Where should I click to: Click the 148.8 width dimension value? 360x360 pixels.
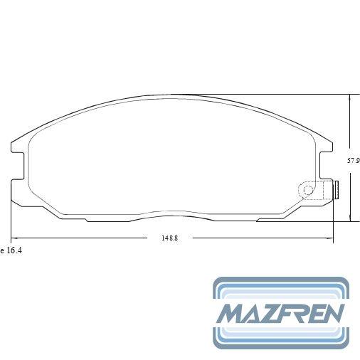click(x=169, y=238)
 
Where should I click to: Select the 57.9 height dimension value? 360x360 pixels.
click(x=354, y=161)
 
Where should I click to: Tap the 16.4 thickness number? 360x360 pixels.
click(x=14, y=250)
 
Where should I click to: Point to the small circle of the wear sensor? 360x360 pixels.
click(x=308, y=190)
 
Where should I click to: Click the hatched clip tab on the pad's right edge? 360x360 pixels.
click(x=336, y=190)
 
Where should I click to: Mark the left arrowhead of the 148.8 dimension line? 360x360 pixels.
click(x=14, y=238)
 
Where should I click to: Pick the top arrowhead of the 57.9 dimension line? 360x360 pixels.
click(x=350, y=97)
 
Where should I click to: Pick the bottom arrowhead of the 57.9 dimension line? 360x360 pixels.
click(x=350, y=218)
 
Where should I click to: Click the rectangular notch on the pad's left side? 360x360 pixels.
click(x=18, y=166)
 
